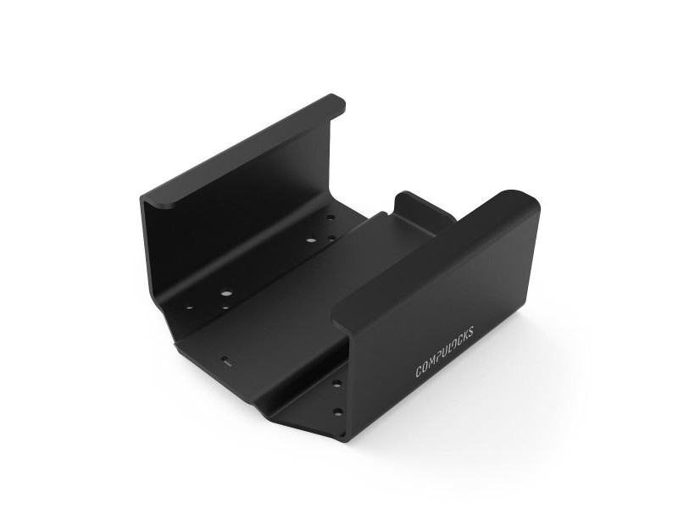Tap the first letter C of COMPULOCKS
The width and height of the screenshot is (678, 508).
point(419,371)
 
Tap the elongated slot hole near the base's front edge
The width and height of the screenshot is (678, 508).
point(226,360)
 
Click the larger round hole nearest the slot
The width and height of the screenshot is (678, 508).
point(226,294)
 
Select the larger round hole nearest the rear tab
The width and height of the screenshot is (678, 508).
point(311,240)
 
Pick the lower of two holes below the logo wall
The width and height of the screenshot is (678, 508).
point(337,412)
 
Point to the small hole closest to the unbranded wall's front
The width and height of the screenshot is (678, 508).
point(188,306)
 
